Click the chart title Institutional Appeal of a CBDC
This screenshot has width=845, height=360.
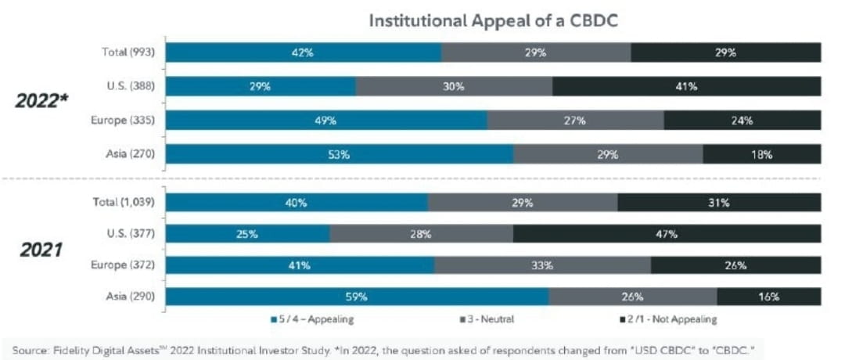tap(493, 21)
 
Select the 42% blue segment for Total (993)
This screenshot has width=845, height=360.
tap(304, 52)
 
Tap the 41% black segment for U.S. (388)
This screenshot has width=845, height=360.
tap(686, 86)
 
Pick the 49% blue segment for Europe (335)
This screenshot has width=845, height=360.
tap(326, 121)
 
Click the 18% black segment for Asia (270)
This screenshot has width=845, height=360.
tap(761, 154)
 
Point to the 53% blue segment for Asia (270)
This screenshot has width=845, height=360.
tap(340, 154)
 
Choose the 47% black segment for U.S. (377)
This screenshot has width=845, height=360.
tap(667, 234)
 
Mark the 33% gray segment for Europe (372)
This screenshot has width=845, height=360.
tap(542, 265)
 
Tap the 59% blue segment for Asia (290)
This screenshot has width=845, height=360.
tap(357, 297)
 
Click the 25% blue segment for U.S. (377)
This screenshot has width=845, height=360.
tap(248, 234)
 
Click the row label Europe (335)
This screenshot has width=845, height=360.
tap(123, 121)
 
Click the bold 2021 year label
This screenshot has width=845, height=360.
tap(41, 250)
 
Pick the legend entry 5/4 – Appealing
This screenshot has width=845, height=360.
tap(313, 319)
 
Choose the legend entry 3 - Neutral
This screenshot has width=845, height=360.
tap(487, 319)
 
